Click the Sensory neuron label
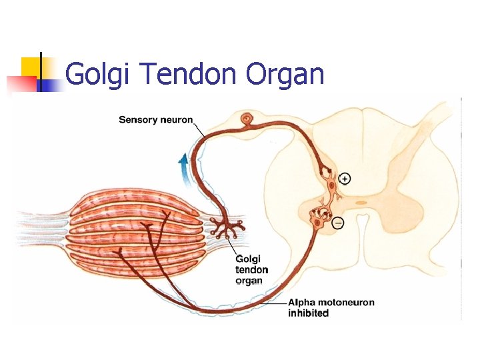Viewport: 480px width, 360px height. click(155, 120)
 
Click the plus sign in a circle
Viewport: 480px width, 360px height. click(344, 178)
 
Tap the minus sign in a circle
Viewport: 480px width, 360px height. click(338, 223)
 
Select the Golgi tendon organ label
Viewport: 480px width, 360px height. click(252, 269)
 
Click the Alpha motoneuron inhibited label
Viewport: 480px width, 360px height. click(331, 307)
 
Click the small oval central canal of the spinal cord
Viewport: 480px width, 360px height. click(361, 202)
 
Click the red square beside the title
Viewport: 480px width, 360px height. click(20, 83)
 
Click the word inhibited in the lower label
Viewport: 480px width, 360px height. click(308, 313)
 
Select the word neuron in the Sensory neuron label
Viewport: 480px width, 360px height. click(176, 120)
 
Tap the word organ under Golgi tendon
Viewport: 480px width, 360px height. click(249, 281)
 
